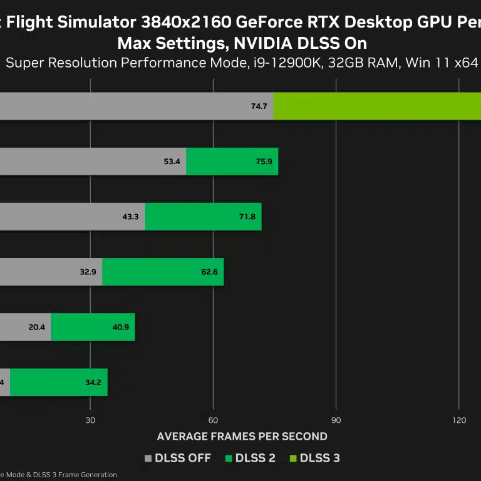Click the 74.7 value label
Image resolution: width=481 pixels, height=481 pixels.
click(x=259, y=106)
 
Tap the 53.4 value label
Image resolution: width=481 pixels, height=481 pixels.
click(x=172, y=162)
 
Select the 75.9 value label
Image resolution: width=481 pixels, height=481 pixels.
click(x=264, y=162)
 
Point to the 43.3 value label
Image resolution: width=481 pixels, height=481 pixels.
click(x=130, y=217)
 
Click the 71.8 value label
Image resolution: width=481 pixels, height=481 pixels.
click(x=247, y=217)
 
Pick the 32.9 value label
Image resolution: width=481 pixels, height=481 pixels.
click(x=88, y=272)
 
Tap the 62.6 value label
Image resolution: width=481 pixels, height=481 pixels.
click(x=209, y=272)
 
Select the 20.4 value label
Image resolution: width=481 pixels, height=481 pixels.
click(x=37, y=327)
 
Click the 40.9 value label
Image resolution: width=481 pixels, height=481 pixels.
click(x=121, y=327)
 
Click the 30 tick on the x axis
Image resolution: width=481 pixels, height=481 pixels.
click(x=90, y=420)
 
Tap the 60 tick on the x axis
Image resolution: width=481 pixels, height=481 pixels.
click(x=213, y=420)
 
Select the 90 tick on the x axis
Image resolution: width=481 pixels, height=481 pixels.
click(x=336, y=420)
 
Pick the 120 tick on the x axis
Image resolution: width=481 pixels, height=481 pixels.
click(x=458, y=420)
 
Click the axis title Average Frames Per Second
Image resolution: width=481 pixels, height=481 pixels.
click(x=242, y=437)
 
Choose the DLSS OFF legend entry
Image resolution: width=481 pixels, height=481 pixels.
click(x=178, y=458)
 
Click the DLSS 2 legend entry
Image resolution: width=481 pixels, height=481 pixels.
click(x=251, y=458)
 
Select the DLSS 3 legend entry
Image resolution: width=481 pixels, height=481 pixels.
click(x=314, y=458)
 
